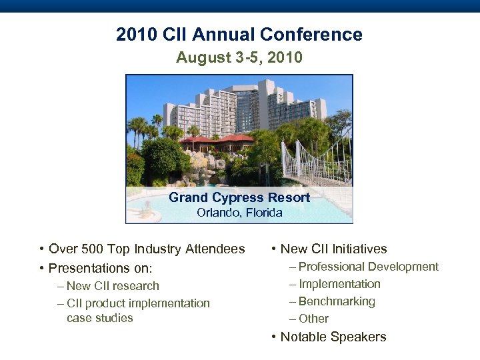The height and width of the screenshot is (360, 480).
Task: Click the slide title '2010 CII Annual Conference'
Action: click(x=239, y=35)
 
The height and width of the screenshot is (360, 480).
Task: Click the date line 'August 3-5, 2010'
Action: click(x=239, y=58)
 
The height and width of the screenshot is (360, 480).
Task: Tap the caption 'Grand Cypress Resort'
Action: click(x=239, y=197)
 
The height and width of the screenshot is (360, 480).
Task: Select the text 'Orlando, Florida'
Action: click(x=239, y=213)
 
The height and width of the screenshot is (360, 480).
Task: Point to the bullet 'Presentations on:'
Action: click(x=101, y=268)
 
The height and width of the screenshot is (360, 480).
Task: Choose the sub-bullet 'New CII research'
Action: click(x=113, y=286)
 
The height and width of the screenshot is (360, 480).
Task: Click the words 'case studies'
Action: click(x=100, y=318)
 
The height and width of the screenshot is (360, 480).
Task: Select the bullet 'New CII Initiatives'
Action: click(x=333, y=249)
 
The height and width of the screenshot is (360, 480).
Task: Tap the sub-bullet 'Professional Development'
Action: click(x=368, y=267)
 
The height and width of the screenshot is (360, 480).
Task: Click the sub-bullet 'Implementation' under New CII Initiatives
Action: click(x=339, y=284)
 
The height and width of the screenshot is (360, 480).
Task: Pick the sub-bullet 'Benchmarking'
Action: click(x=337, y=301)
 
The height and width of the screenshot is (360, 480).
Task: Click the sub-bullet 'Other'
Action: click(x=313, y=319)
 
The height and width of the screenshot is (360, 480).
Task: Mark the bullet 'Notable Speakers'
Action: click(x=333, y=337)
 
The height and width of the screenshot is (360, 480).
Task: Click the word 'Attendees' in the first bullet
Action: click(x=215, y=249)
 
